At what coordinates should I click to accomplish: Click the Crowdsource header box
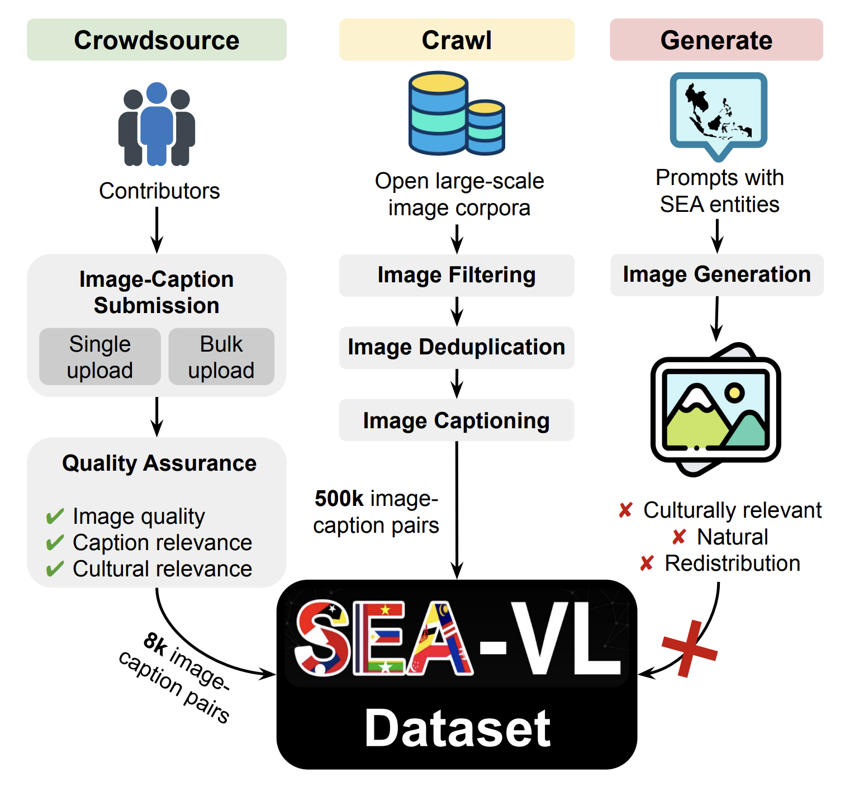(x=156, y=40)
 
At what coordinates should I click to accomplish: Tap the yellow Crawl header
(x=457, y=40)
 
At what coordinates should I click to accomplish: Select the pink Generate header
(x=716, y=40)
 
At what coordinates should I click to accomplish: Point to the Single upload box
(x=100, y=357)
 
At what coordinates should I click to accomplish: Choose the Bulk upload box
(x=221, y=357)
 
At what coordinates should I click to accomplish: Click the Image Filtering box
(x=457, y=275)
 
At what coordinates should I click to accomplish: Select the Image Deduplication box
(x=457, y=347)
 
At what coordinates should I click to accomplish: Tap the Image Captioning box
(x=457, y=420)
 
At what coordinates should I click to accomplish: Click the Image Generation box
(x=716, y=274)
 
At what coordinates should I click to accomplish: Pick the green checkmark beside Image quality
(x=55, y=516)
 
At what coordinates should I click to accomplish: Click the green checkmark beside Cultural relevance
(x=55, y=569)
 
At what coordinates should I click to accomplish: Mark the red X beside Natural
(x=679, y=537)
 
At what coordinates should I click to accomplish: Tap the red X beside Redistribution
(x=647, y=564)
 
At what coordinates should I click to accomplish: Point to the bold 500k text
(x=339, y=498)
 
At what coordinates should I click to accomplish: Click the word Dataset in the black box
(x=457, y=728)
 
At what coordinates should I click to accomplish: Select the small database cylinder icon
(x=486, y=127)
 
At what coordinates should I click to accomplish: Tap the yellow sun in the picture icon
(x=734, y=392)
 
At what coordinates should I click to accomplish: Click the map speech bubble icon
(x=718, y=112)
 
